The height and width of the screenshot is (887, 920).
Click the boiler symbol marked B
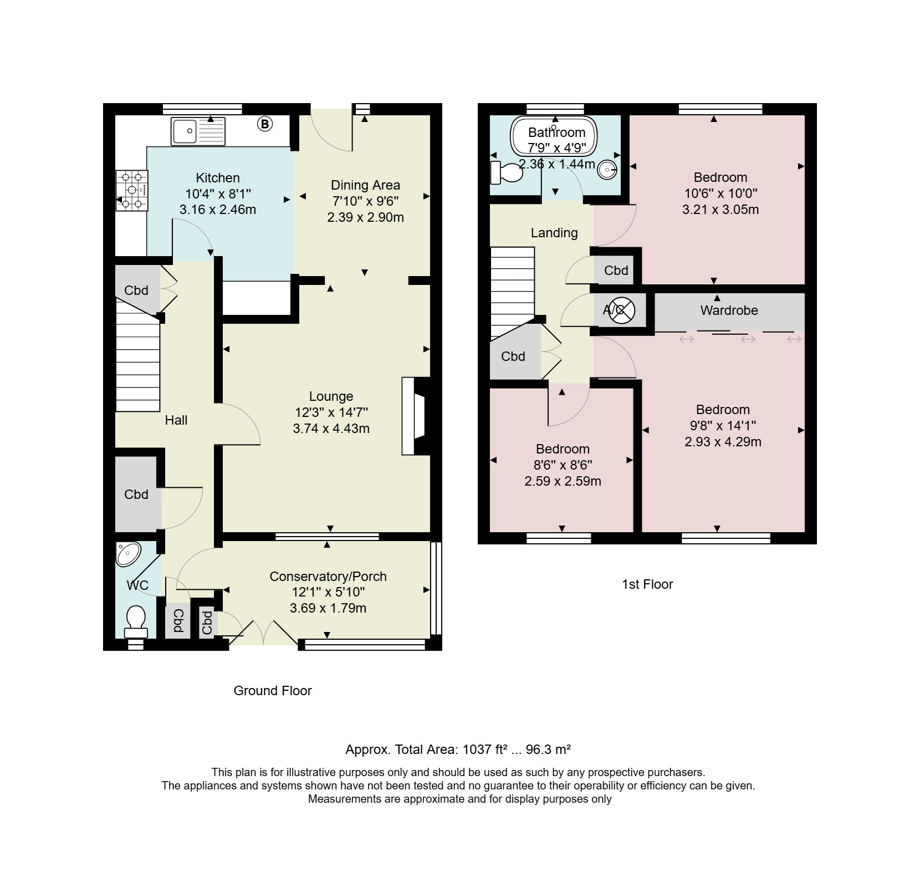pyautogui.click(x=265, y=124)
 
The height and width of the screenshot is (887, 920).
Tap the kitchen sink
pyautogui.click(x=198, y=131)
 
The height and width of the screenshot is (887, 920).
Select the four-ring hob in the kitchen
pyautogui.click(x=132, y=190)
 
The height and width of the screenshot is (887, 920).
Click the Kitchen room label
pyautogui.click(x=218, y=178)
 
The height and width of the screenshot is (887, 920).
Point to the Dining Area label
pyautogui.click(x=365, y=185)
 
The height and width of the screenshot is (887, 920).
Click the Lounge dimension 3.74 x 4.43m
pyautogui.click(x=331, y=429)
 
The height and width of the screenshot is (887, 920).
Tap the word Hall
pyautogui.click(x=176, y=420)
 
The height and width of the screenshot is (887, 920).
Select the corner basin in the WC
pyautogui.click(x=129, y=554)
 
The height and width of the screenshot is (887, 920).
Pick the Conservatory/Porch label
pyautogui.click(x=328, y=577)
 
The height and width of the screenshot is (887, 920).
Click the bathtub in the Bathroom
pyautogui.click(x=554, y=137)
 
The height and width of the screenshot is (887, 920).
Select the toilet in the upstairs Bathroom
pyautogui.click(x=507, y=172)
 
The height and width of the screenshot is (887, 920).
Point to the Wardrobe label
pyautogui.click(x=729, y=310)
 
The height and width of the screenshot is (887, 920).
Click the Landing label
pyautogui.click(x=554, y=233)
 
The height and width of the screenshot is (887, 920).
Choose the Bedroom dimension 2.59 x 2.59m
pyautogui.click(x=563, y=481)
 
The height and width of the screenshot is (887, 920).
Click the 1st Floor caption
pyautogui.click(x=647, y=584)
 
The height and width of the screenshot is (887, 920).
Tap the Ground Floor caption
pyautogui.click(x=273, y=691)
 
